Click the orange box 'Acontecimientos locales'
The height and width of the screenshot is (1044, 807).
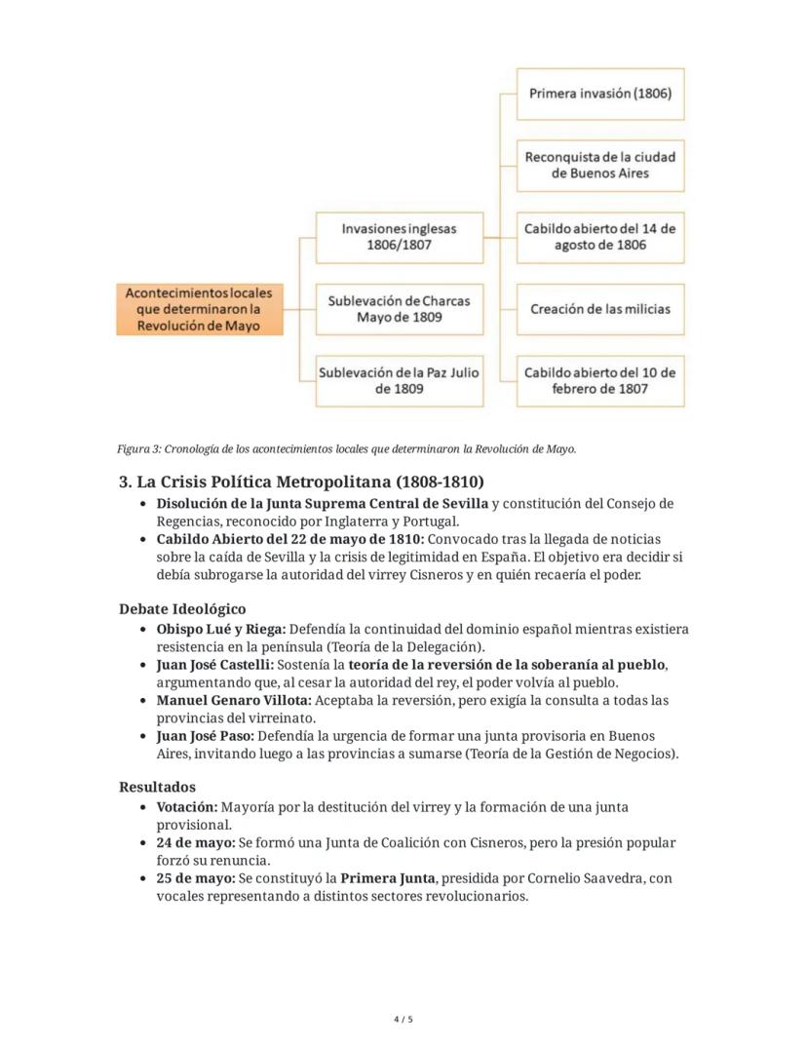(x=200, y=309)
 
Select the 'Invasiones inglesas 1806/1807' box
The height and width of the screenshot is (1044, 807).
(x=399, y=237)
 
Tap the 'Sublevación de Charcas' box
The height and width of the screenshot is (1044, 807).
(x=399, y=309)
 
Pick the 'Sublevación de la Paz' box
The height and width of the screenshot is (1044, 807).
(x=399, y=380)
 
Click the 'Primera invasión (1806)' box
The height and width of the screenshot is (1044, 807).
(x=599, y=94)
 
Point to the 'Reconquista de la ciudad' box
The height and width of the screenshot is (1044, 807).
(x=599, y=165)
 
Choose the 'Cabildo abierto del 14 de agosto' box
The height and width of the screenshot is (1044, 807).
(x=599, y=237)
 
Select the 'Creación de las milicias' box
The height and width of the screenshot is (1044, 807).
(x=599, y=309)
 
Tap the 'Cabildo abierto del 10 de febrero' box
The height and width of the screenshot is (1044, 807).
(x=599, y=380)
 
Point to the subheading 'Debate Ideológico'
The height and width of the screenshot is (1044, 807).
(x=182, y=609)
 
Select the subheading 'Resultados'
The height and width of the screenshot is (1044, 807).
(x=157, y=787)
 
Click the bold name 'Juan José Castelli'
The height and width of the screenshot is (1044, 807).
(x=214, y=665)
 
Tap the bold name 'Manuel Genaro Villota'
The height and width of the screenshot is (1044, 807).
(x=233, y=701)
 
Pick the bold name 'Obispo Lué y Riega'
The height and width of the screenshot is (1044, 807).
(x=220, y=630)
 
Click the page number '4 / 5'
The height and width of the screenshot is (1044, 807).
(x=403, y=1020)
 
